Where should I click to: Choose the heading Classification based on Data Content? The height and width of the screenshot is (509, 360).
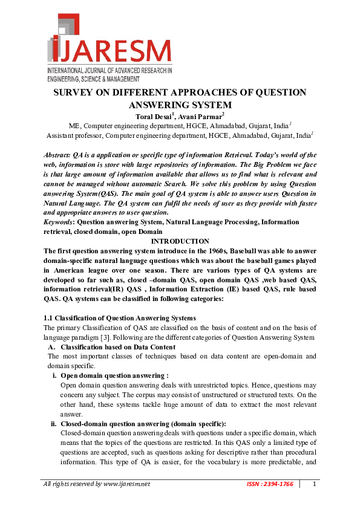[x=118, y=347]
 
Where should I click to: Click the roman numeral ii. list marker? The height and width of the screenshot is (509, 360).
[x=53, y=424]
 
